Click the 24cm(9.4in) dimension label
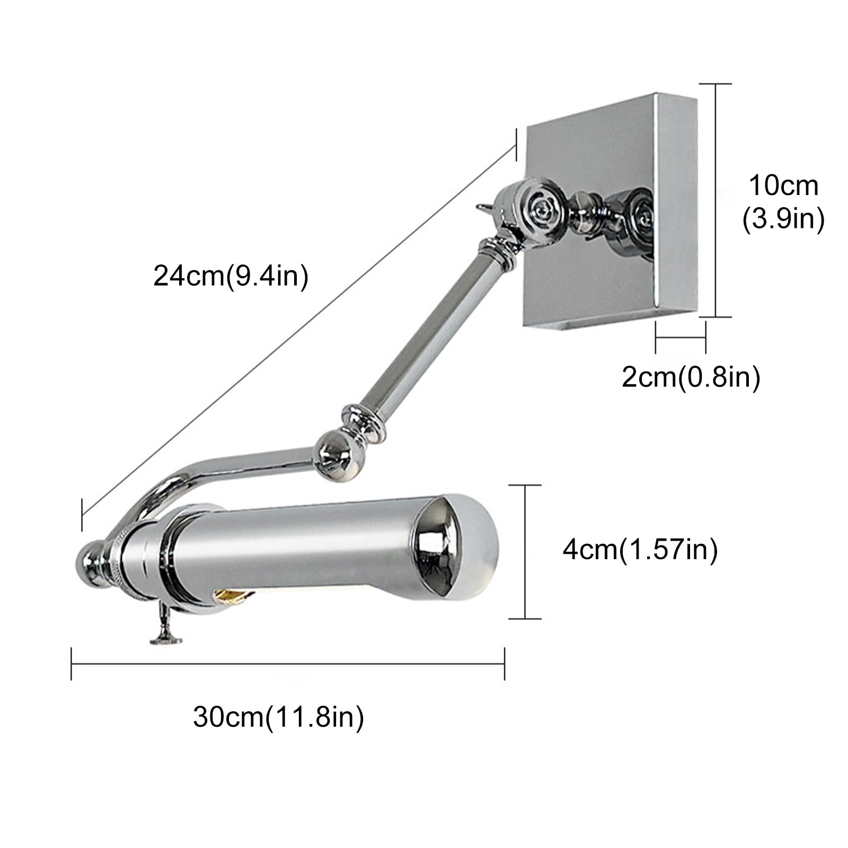(x=231, y=276)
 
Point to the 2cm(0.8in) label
(x=691, y=377)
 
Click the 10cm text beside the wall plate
(x=783, y=186)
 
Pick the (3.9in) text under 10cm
(x=783, y=219)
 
